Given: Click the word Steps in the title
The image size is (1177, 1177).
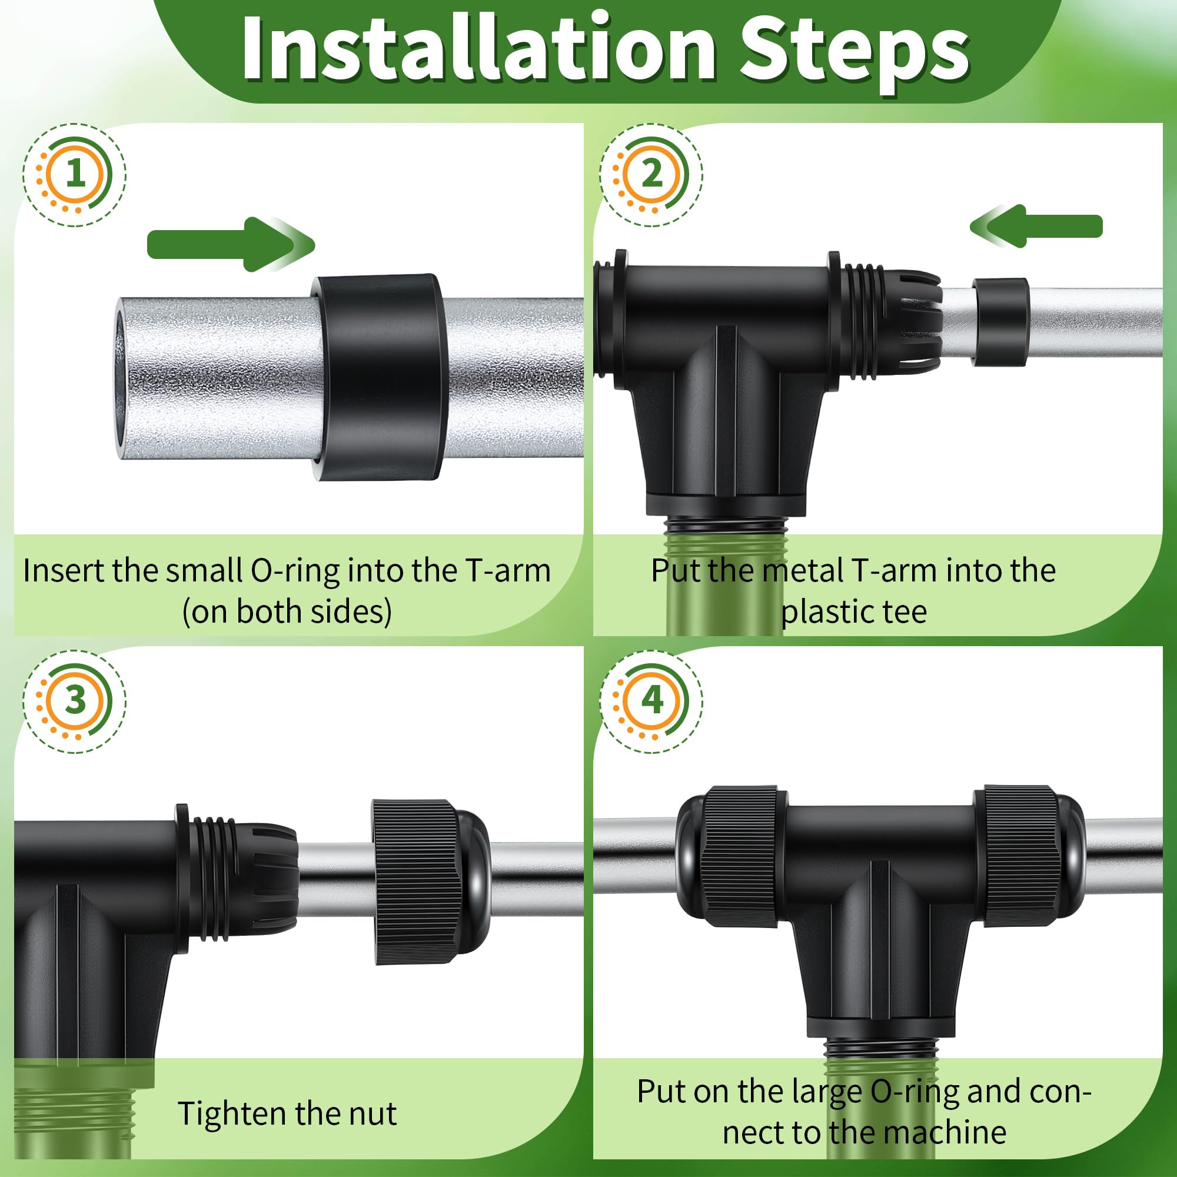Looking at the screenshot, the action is [x=854, y=52].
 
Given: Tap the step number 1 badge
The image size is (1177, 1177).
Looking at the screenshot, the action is [x=74, y=174].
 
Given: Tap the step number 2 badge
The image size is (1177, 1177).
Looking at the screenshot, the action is [x=651, y=174].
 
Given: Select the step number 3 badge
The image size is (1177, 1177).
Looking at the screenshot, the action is [x=74, y=700].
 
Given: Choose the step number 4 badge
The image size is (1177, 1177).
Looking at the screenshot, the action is [x=651, y=700].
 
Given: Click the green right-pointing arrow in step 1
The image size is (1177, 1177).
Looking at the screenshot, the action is [x=231, y=244].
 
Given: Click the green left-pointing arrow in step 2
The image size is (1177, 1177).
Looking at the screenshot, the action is [x=1036, y=226].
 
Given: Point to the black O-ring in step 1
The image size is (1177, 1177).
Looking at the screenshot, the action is [x=379, y=377].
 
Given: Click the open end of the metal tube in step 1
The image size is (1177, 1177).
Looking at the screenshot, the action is [x=121, y=378].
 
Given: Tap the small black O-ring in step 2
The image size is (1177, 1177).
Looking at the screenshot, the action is [x=1000, y=321].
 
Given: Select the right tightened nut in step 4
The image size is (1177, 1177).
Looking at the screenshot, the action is [x=1028, y=856].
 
